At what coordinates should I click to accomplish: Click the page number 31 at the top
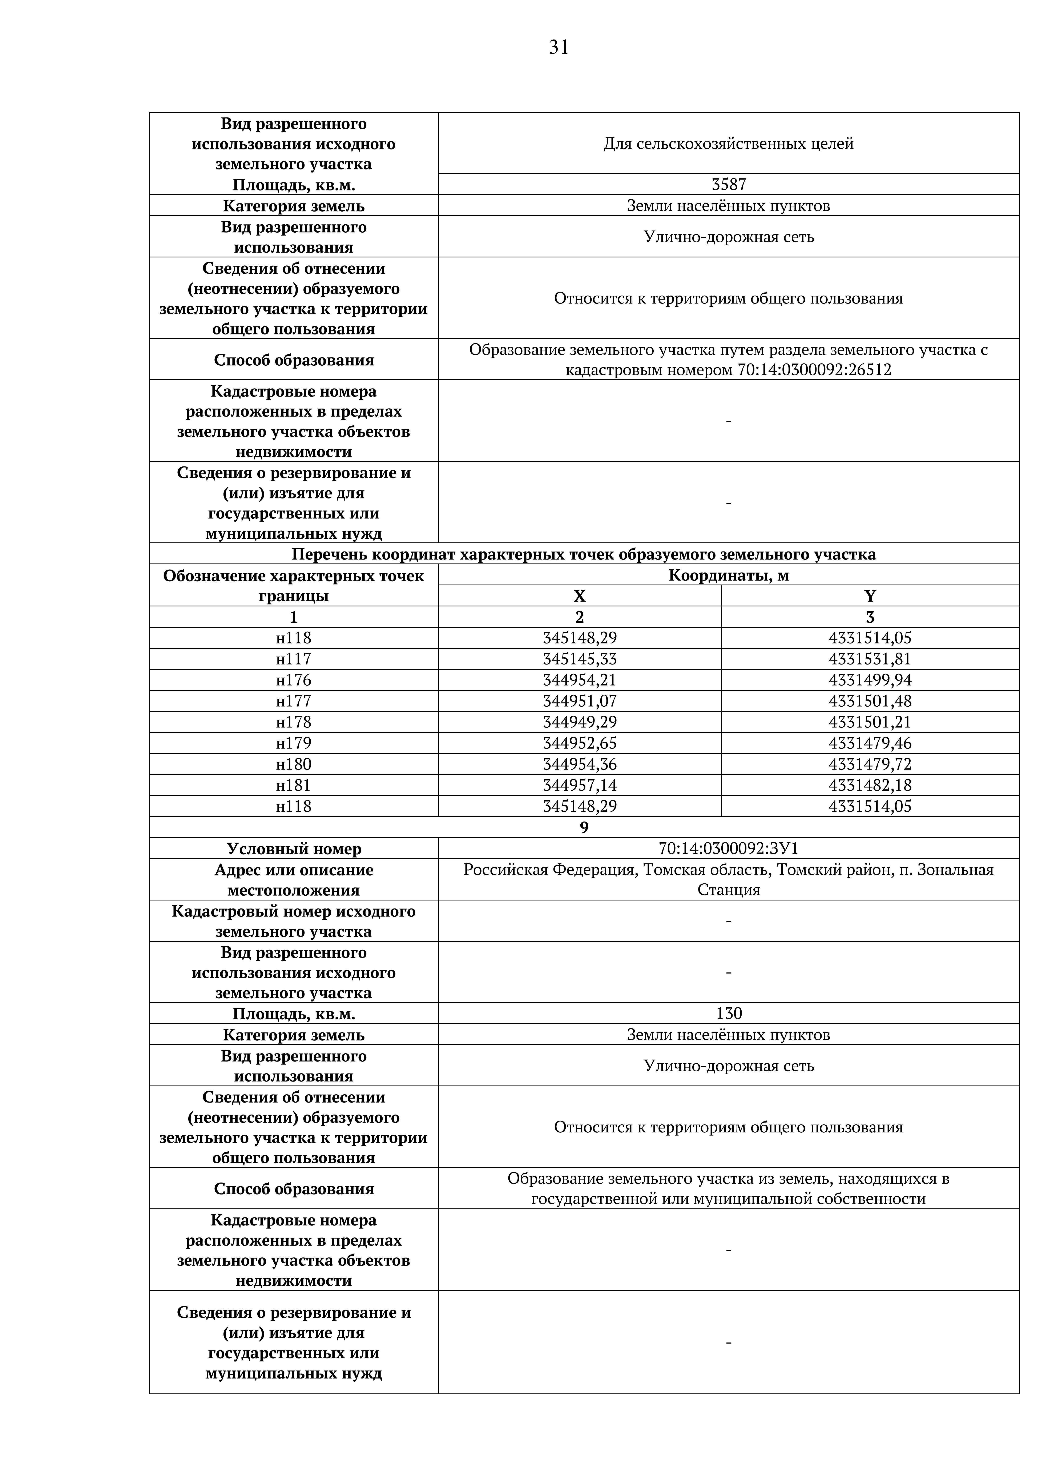558,47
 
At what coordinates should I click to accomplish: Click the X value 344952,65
580,743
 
